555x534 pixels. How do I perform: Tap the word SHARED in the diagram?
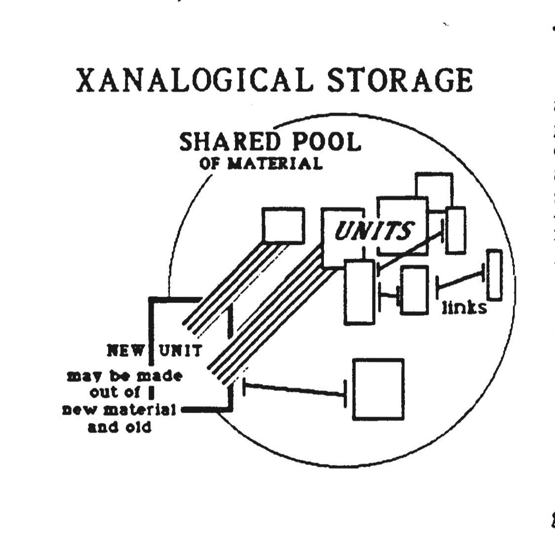[229, 143]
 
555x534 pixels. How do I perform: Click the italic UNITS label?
[373, 231]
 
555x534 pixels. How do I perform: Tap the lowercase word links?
[464, 308]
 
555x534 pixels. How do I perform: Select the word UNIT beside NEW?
[180, 351]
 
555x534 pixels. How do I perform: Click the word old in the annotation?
[138, 427]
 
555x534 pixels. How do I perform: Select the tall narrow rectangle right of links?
[494, 275]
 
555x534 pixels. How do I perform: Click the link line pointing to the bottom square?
[294, 389]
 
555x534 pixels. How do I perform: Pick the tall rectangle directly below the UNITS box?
[359, 292]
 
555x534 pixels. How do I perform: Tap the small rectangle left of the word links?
[414, 290]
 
